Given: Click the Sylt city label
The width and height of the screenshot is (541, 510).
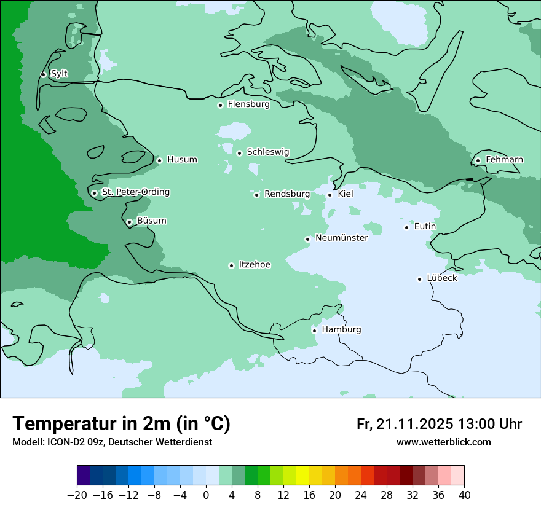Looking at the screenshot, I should point(59,74).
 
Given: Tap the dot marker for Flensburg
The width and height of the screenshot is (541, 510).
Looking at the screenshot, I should point(220,105).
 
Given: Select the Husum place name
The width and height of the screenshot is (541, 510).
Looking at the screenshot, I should point(182,160).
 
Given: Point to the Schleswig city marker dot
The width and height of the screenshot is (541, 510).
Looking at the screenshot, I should point(239,153).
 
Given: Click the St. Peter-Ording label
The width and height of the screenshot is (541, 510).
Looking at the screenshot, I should point(135,192).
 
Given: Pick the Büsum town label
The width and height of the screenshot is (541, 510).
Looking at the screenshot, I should point(151,221).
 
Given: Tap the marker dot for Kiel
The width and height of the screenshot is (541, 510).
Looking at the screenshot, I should point(330,195).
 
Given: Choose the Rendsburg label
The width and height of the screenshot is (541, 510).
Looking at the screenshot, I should point(287,194).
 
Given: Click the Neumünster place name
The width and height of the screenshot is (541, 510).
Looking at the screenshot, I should point(341,238).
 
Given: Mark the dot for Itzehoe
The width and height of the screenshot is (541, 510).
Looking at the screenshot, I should point(231,265).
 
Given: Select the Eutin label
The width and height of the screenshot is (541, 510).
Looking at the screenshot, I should point(425,226).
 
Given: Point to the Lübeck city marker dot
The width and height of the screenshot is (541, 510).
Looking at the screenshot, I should point(419,279).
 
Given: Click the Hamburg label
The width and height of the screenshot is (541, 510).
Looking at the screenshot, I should point(341,329).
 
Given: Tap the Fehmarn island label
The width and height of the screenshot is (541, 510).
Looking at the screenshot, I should point(504,160).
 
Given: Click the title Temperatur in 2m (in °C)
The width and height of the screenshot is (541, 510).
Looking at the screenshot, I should point(121,424).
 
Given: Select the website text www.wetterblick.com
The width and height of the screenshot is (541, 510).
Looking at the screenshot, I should point(443,442).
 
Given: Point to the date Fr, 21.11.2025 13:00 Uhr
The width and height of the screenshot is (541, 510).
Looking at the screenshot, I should point(439,424).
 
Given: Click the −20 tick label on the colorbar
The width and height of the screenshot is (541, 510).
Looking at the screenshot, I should point(77,495).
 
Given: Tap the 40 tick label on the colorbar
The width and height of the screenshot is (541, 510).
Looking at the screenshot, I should point(464,495).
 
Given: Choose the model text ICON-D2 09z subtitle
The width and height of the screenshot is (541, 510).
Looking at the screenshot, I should point(112,442).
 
